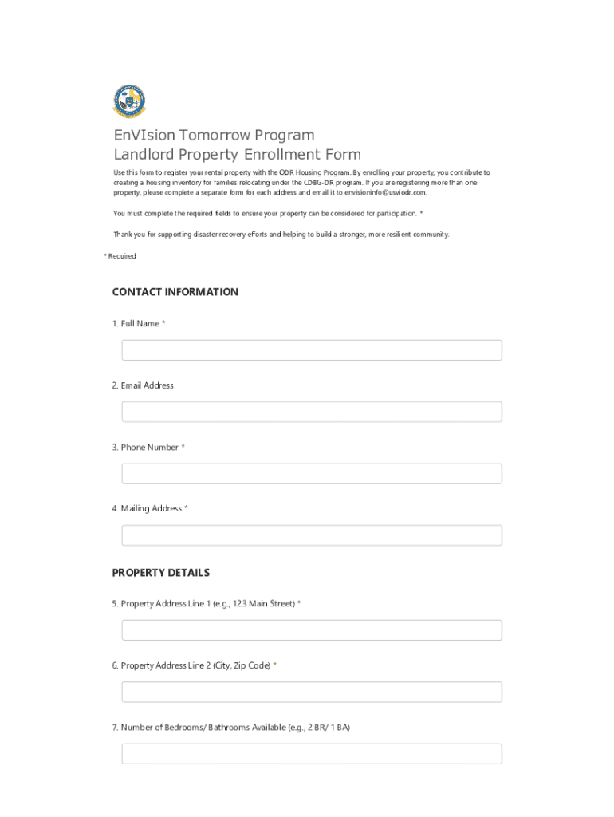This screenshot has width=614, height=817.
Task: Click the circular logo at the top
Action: pos(129,101)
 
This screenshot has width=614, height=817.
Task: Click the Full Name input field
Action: pos(312,350)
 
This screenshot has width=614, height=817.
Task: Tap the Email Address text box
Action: pos(312,412)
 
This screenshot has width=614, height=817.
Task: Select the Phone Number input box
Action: pos(312,474)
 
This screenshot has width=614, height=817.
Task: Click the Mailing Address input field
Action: pos(312,535)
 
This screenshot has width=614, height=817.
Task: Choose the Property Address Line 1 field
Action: pos(312,630)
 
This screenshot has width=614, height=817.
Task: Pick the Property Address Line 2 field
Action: pos(312,692)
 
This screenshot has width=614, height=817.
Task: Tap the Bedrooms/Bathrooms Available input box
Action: pos(312,754)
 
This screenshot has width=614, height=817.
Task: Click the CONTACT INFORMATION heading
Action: pos(175,292)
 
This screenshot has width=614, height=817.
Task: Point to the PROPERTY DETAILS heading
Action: pos(161,573)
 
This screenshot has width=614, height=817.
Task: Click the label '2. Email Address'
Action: pos(143,385)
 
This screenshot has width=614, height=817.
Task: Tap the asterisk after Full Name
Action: pos(163,323)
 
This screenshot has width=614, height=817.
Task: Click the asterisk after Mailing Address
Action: pos(187,508)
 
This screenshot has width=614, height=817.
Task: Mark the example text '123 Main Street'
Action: pos(264,604)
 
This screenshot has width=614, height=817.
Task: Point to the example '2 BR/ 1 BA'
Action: pos(328,728)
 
